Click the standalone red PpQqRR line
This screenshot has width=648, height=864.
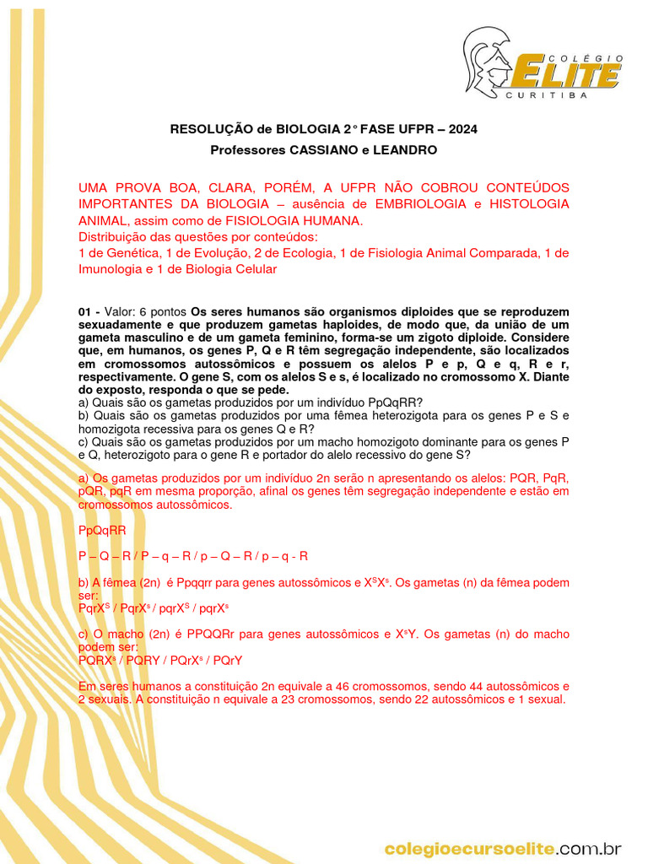[102, 531]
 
